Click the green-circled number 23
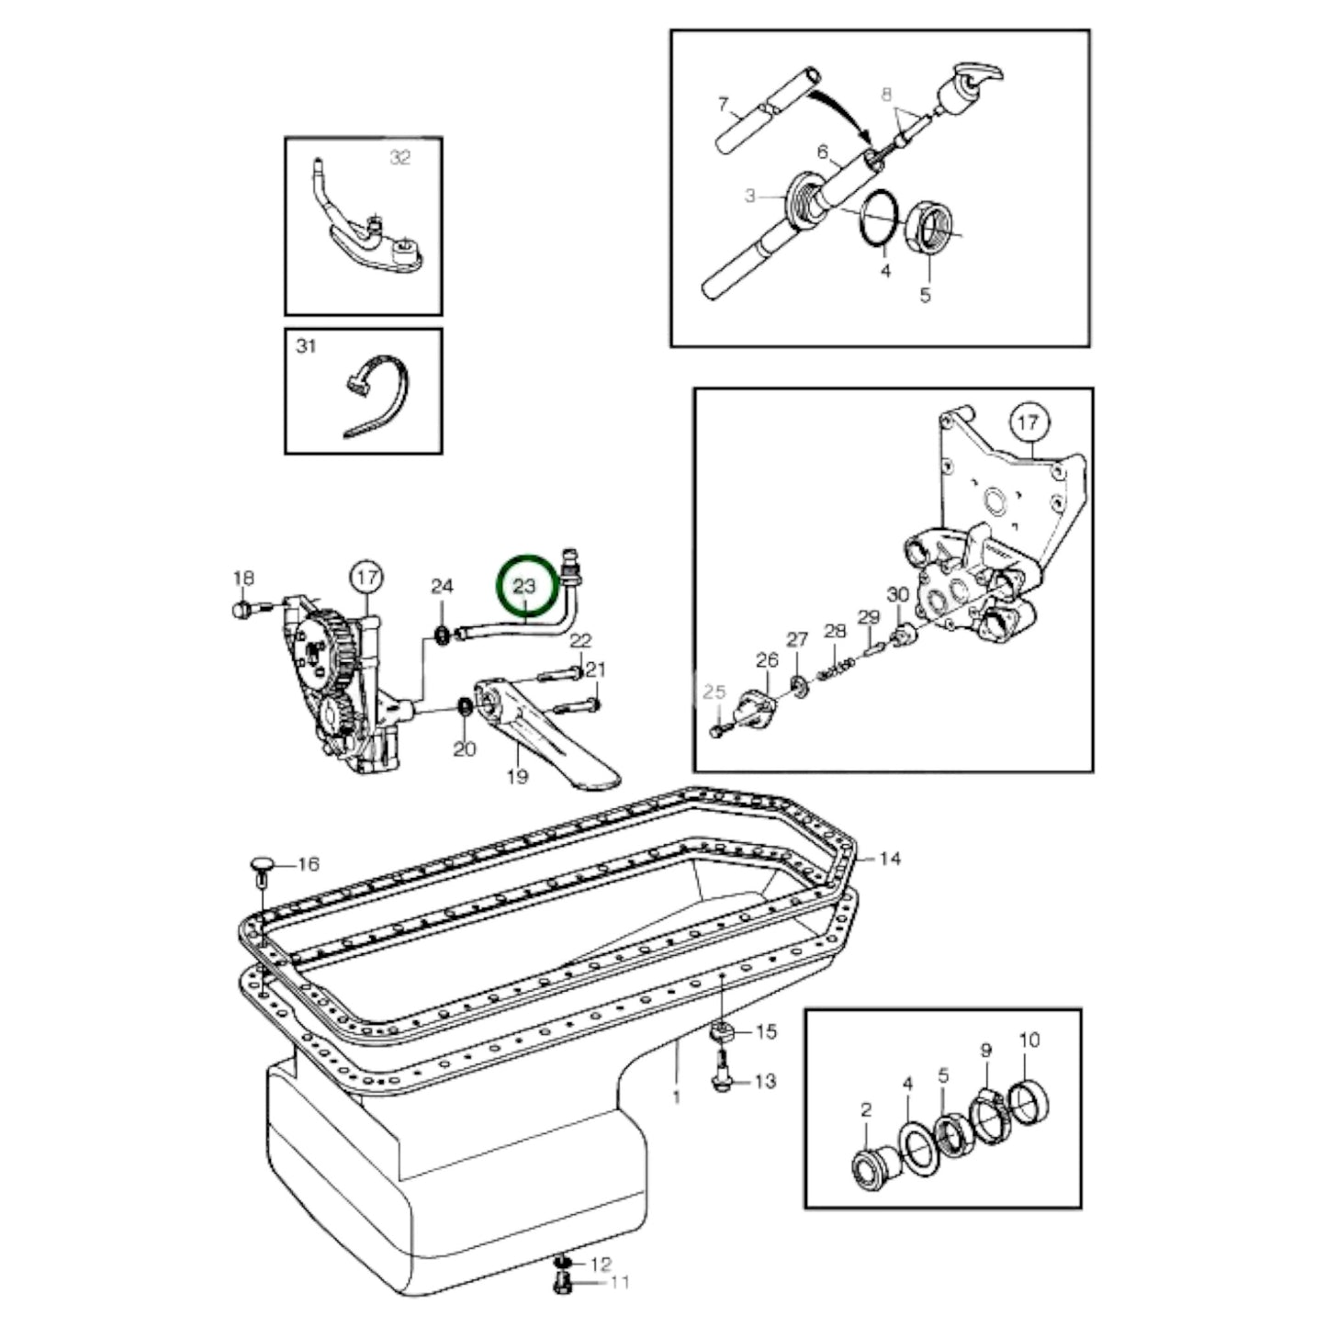(x=524, y=586)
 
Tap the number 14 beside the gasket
(x=889, y=859)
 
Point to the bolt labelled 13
(x=720, y=1081)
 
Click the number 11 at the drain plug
(x=620, y=1281)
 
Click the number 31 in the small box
(x=306, y=346)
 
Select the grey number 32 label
(x=399, y=158)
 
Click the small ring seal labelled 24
(x=442, y=633)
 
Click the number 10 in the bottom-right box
(x=1029, y=1040)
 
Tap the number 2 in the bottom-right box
(x=866, y=1110)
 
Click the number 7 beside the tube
(x=723, y=103)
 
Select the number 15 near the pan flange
(x=765, y=1031)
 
